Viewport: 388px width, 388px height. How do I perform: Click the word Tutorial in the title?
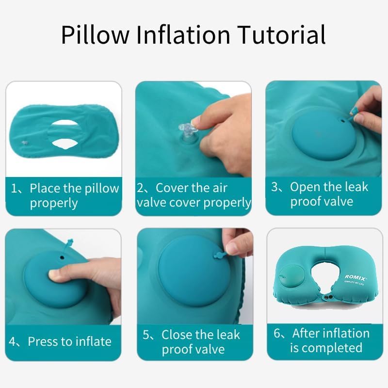pyautogui.click(x=281, y=34)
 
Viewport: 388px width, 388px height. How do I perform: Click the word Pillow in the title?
pyautogui.click(x=95, y=34)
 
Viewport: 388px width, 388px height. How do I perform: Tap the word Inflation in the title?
pyautogui.click(x=183, y=34)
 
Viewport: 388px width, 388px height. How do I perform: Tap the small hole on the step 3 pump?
pyautogui.click(x=343, y=121)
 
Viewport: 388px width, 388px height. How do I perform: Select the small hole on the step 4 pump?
pyautogui.click(x=62, y=258)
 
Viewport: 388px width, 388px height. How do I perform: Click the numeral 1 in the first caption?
pyautogui.click(x=14, y=189)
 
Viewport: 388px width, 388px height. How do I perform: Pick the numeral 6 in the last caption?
pyautogui.click(x=277, y=333)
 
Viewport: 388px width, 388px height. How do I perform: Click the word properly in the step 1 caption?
pyautogui.click(x=54, y=204)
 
